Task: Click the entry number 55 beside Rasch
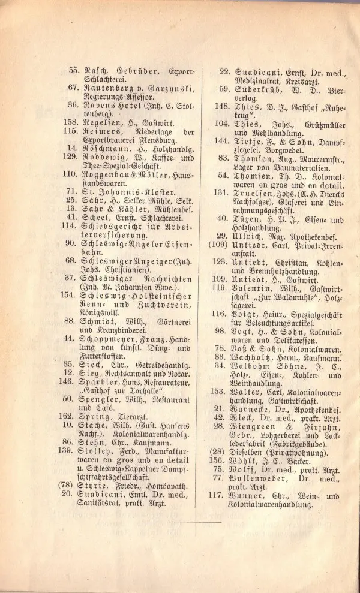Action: point(74,70)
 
